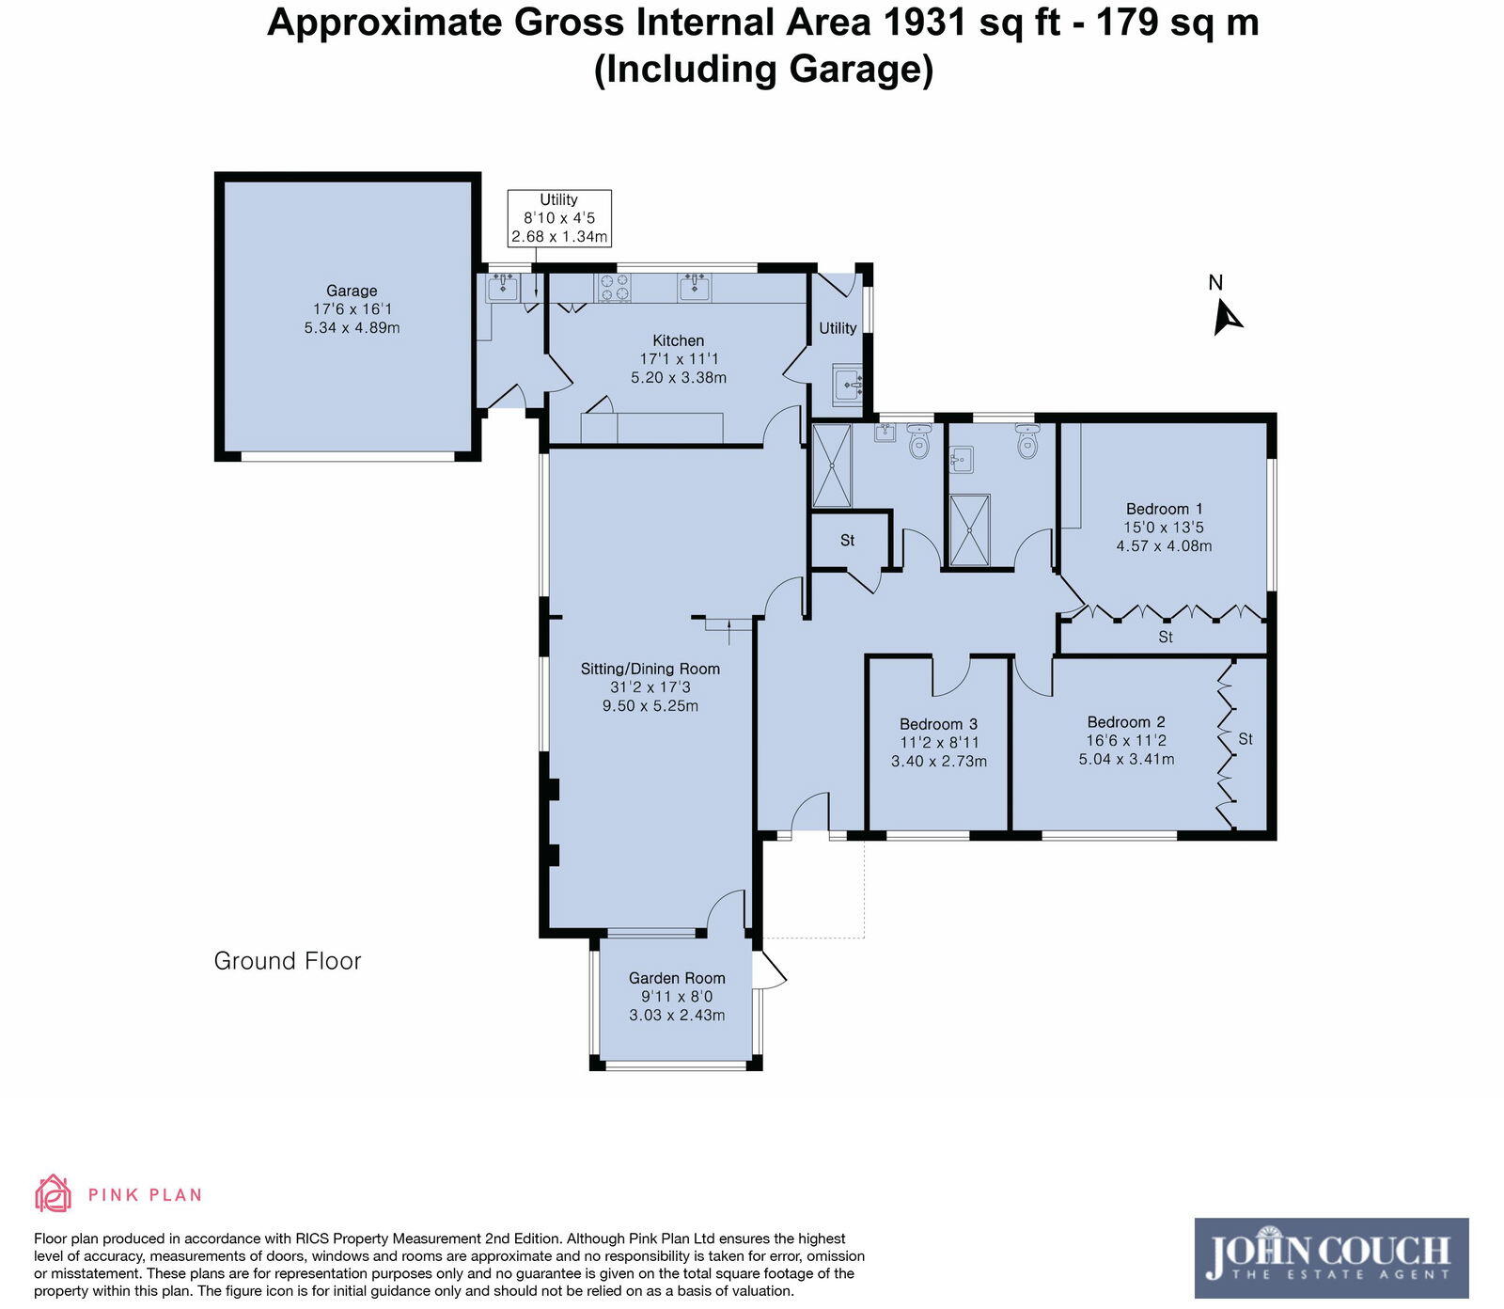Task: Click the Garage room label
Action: coord(352,292)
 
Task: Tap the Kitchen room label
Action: coord(679,340)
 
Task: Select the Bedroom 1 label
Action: coord(1164,509)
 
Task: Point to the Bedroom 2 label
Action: coord(1126,722)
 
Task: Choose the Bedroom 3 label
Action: coord(938,724)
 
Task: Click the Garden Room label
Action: coord(677,978)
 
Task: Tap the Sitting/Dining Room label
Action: coord(650,669)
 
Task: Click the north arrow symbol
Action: coord(1227,317)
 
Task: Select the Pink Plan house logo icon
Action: coord(53,1193)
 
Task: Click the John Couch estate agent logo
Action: coord(1331,1258)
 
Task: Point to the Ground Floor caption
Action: coord(288,961)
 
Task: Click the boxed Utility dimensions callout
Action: coord(559,218)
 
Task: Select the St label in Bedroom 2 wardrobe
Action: coord(1245,739)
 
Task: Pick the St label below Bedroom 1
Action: coord(1166,637)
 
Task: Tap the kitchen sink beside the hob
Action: coord(695,287)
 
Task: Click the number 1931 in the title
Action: coord(924,22)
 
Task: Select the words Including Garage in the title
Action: coord(763,70)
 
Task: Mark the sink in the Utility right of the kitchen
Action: coord(847,383)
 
